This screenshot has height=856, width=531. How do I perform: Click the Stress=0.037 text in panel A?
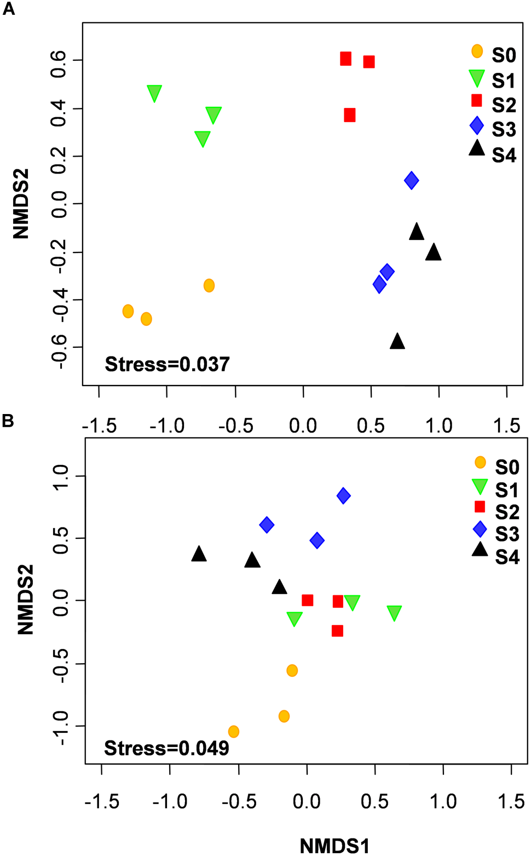[x=167, y=364]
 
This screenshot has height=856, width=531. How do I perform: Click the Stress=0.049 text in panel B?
[x=166, y=748]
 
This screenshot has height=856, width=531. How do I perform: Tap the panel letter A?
[x=9, y=9]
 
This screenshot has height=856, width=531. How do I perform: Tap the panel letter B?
[x=8, y=421]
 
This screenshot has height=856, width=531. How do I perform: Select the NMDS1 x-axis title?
[x=334, y=846]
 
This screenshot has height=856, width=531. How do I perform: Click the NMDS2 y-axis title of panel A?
[x=21, y=204]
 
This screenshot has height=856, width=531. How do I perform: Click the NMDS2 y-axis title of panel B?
[x=25, y=600]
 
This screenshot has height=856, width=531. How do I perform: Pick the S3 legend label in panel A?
[x=504, y=130]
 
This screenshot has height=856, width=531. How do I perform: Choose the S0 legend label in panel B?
[x=507, y=467]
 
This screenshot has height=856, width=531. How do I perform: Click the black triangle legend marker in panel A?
[x=477, y=148]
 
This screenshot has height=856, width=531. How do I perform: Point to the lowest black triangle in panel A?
[x=397, y=342]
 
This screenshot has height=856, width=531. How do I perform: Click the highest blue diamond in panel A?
[x=412, y=180]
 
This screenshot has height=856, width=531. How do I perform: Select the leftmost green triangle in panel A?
[x=154, y=93]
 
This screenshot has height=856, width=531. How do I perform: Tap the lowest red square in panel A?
[x=350, y=115]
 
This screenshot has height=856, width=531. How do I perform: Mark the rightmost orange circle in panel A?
[x=209, y=285]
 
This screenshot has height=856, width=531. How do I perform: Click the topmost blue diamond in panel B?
[x=343, y=496]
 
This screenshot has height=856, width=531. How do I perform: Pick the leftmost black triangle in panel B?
[x=199, y=554]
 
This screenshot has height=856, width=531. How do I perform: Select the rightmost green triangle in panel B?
[x=394, y=613]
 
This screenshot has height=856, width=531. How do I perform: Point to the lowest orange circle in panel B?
[x=234, y=731]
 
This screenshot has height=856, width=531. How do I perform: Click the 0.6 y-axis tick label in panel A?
[x=58, y=59]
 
